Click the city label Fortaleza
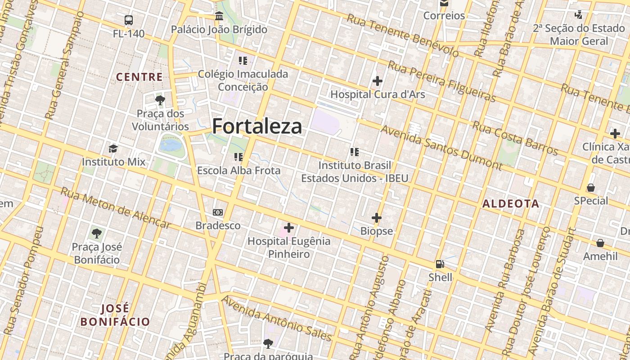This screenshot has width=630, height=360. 257,126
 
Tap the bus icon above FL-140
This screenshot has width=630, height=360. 129,20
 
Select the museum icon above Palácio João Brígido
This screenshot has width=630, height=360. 219,16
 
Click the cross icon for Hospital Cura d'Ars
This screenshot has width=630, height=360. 378,81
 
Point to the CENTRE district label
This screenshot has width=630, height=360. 139,77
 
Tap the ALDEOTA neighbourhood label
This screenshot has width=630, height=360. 511,204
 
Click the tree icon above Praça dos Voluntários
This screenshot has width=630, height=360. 160,100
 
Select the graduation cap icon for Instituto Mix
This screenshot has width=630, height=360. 113,148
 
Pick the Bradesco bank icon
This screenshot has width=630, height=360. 218,212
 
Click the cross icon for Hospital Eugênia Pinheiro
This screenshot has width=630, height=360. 289,228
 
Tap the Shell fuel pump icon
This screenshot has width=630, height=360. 440,264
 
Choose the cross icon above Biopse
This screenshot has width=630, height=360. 377,218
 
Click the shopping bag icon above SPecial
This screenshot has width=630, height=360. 591,188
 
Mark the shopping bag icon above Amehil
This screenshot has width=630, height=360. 600,243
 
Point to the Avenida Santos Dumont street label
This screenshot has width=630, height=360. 441,148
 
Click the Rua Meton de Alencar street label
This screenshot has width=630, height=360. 116,208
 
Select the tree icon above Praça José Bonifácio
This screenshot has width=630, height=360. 96,234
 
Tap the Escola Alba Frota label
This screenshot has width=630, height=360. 238,171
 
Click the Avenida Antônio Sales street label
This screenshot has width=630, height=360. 277,319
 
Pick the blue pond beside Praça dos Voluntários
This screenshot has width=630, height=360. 170,145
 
